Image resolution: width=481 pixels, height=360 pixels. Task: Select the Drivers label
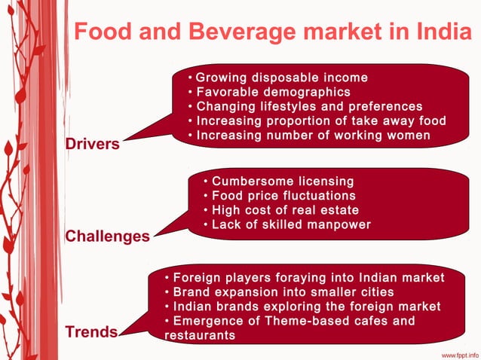coord(92,144)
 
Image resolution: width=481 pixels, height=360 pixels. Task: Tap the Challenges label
coord(107,236)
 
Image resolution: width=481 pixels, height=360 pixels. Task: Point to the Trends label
coord(91,332)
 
